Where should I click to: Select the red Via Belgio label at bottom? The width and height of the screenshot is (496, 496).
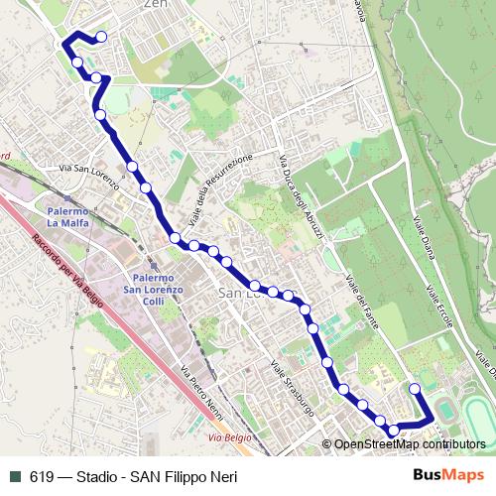pyautogui.click(x=227, y=435)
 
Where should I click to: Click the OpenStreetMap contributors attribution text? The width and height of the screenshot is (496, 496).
pyautogui.click(x=410, y=444)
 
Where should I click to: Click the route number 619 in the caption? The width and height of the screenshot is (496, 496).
pyautogui.click(x=42, y=477)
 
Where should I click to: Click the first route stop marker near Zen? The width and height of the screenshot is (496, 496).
pyautogui.click(x=101, y=39)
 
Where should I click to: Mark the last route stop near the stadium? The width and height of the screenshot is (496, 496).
pyautogui.click(x=416, y=389)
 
